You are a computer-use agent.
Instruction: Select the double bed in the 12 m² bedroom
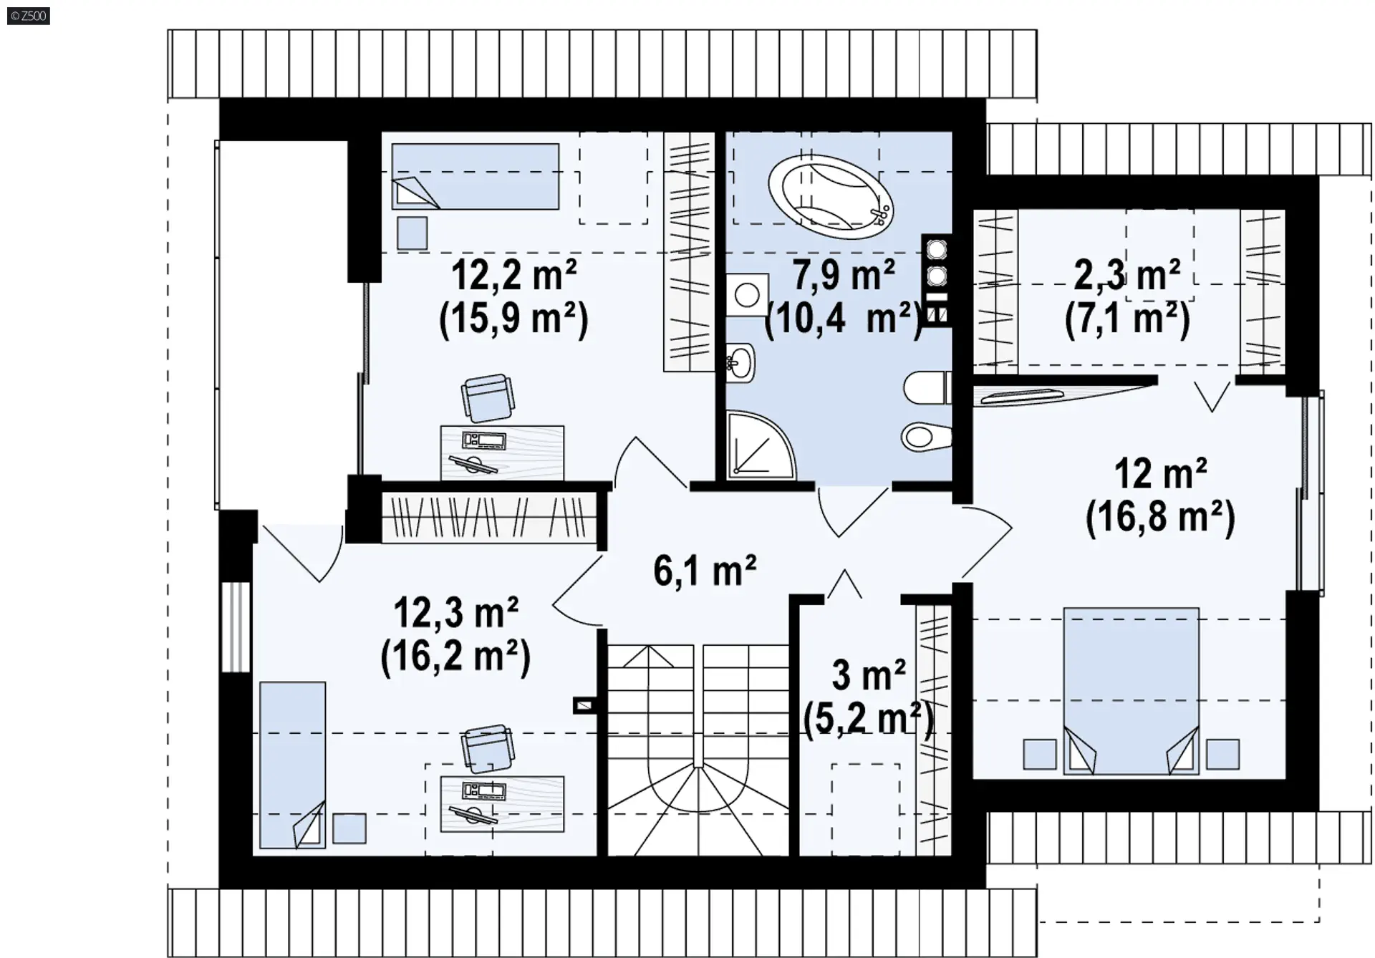pos(1132,691)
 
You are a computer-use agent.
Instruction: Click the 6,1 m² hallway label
pos(705,571)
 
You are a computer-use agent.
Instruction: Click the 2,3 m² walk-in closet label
pos(1127,275)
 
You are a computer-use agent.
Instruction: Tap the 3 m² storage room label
pos(869,674)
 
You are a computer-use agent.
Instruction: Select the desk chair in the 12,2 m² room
pos(488,398)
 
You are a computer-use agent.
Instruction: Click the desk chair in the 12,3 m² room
pos(488,748)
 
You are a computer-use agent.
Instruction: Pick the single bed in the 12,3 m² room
pos(292,765)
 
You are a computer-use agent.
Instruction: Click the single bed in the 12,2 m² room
pos(475,177)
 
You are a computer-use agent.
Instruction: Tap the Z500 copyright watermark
pos(29,16)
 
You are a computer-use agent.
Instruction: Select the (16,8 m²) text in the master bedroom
pos(1160,518)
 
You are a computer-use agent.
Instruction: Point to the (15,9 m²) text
pos(513,318)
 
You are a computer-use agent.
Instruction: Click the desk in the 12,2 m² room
pos(502,453)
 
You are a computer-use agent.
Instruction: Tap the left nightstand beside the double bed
pos(1039,754)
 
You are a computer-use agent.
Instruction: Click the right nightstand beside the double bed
pos(1222,754)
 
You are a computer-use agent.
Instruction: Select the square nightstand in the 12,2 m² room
pos(412,233)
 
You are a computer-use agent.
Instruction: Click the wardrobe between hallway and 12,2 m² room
pos(489,516)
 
